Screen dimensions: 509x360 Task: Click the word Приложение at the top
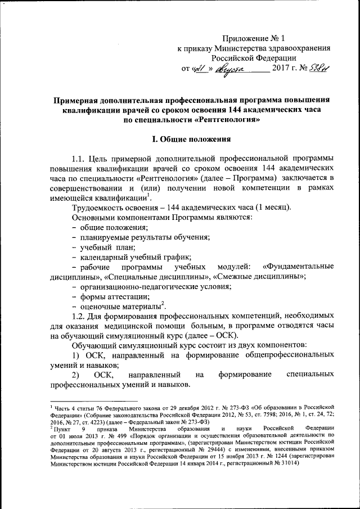246,38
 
